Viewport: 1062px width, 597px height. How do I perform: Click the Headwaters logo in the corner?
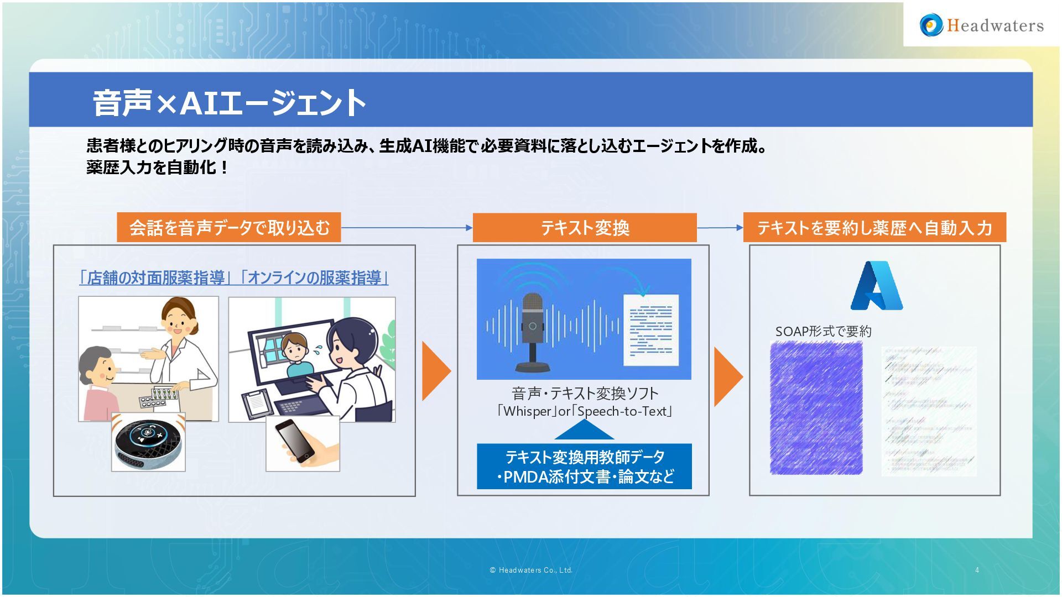(x=981, y=25)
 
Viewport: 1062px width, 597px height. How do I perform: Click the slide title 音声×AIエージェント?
(x=229, y=103)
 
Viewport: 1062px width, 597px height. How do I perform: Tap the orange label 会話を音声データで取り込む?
(x=229, y=227)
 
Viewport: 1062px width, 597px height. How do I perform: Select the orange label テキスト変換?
(x=585, y=228)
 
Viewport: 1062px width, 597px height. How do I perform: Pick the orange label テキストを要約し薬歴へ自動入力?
(x=874, y=228)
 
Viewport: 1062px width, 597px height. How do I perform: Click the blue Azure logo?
(x=876, y=285)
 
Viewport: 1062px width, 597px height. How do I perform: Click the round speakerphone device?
(x=148, y=443)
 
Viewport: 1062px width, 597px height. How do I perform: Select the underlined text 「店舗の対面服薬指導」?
(x=155, y=277)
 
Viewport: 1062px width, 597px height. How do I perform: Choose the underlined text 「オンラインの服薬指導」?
(x=314, y=277)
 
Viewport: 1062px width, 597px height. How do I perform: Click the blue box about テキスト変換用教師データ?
(x=584, y=467)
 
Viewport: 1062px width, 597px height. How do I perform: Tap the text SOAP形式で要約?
(x=823, y=332)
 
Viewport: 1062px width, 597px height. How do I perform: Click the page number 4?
(x=977, y=570)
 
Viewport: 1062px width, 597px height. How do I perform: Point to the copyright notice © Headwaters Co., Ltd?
(x=531, y=570)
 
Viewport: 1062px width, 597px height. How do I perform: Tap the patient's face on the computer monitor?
(x=295, y=348)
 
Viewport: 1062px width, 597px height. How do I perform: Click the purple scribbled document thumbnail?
(x=816, y=408)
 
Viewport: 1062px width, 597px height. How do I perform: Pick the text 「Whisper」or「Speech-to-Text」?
(x=584, y=411)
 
